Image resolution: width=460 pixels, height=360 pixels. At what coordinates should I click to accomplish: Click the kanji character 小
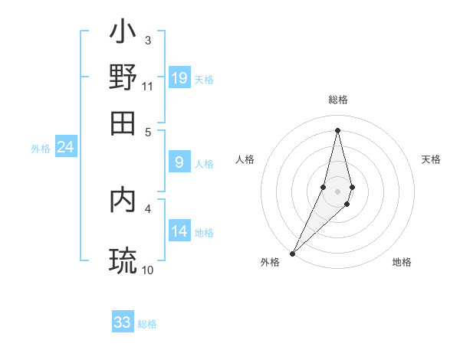point(123,33)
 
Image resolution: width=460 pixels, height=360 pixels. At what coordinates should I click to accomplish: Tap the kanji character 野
point(123,77)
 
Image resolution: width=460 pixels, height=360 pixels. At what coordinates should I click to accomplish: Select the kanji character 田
point(123,123)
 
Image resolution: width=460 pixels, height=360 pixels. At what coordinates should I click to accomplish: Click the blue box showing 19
point(179,77)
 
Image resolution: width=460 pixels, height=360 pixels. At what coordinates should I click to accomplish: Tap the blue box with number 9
point(179,162)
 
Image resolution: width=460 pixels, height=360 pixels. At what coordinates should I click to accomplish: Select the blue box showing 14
point(179,231)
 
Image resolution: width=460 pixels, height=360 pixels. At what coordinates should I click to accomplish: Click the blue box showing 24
point(65,147)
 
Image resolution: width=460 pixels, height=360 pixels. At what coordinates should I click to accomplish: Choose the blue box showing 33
point(123,322)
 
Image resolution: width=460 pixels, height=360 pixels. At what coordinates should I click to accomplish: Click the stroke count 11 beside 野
point(148,86)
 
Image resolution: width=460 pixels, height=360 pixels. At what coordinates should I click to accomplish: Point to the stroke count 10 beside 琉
point(148,270)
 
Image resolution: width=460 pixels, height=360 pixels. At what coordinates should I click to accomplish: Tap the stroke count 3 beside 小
point(148,40)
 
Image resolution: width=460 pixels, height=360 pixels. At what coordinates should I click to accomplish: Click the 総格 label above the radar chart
point(337,100)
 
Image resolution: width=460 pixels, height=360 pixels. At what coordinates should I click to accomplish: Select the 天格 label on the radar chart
point(432,159)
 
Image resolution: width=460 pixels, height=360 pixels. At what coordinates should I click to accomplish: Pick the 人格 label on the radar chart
point(245,159)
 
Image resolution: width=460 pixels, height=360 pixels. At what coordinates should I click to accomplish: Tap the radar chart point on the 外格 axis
point(292,252)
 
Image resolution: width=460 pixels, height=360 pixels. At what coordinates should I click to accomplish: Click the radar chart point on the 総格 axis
point(337,130)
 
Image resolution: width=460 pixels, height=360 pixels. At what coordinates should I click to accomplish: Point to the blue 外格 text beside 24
point(41,149)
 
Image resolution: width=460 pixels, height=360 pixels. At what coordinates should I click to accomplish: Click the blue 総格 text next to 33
point(148,324)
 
